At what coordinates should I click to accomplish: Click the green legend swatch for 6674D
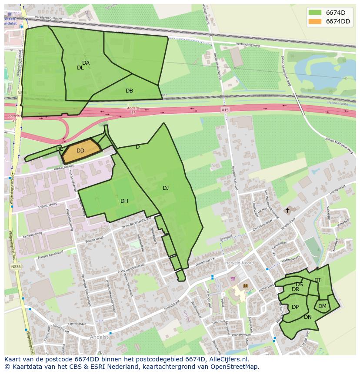coord(315,12)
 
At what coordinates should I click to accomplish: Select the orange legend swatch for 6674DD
coord(315,21)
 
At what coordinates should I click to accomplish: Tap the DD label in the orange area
coord(80,151)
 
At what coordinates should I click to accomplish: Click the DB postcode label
coord(129,91)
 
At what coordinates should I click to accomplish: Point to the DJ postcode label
coord(166,188)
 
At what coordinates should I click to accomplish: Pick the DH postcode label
coord(124,201)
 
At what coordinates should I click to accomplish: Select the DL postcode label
coord(80,68)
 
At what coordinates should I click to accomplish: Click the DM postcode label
coord(322,306)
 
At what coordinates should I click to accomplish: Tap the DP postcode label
coord(295,307)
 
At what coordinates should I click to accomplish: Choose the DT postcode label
coord(318,280)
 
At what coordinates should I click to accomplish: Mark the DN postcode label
coord(308,317)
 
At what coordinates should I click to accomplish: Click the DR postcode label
coord(296,289)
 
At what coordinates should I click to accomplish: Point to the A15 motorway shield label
coord(225,110)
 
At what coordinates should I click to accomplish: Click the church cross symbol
coord(287,210)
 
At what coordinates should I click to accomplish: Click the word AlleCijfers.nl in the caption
coord(233,359)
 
